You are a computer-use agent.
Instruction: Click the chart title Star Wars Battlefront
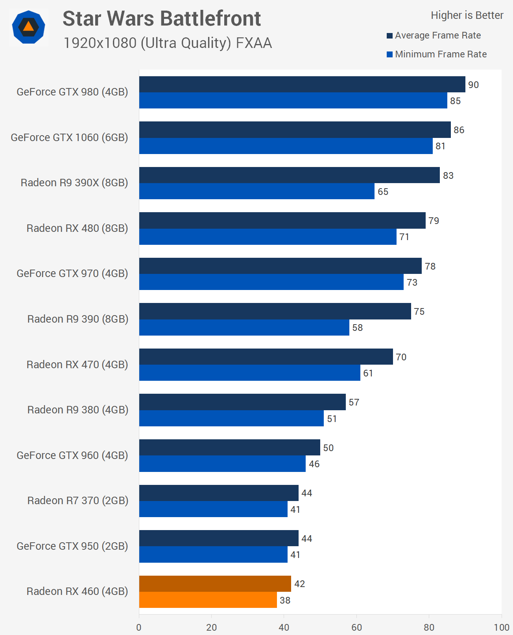pyautogui.click(x=162, y=18)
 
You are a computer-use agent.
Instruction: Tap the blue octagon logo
pyautogui.click(x=28, y=27)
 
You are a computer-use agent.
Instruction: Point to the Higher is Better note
pyautogui.click(x=467, y=15)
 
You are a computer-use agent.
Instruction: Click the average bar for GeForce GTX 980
pyautogui.click(x=302, y=84)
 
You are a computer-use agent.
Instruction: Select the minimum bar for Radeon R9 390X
pyautogui.click(x=256, y=191)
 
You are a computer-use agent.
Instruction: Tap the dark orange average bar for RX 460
pyautogui.click(x=215, y=584)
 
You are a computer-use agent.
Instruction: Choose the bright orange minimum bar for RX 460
pyautogui.click(x=208, y=600)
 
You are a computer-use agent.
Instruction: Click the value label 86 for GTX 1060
pyautogui.click(x=459, y=130)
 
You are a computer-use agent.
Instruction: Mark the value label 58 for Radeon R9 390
pyautogui.click(x=357, y=328)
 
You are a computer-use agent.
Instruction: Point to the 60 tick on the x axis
pyautogui.click(x=356, y=627)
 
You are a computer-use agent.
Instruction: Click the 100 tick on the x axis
pyautogui.click(x=501, y=627)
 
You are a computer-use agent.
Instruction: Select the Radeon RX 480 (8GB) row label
pyautogui.click(x=77, y=228)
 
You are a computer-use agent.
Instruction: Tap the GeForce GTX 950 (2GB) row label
pyautogui.click(x=72, y=546)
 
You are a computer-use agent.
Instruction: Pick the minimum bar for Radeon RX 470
pyautogui.click(x=249, y=373)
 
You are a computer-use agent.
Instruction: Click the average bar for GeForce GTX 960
pyautogui.click(x=229, y=447)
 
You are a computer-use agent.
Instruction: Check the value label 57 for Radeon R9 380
pyautogui.click(x=354, y=402)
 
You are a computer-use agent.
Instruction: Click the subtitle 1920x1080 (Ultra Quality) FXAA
pyautogui.click(x=168, y=43)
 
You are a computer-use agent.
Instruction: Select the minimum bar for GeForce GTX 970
pyautogui.click(x=271, y=282)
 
